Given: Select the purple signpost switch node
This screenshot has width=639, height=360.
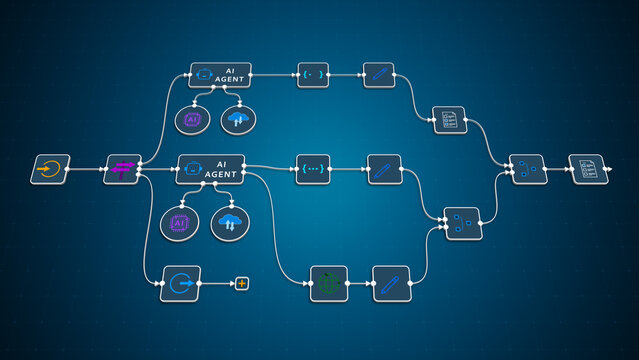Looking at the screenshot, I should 123,169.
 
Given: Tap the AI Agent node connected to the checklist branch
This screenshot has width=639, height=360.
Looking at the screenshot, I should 220,75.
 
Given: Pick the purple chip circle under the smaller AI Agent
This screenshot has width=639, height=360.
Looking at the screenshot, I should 192,119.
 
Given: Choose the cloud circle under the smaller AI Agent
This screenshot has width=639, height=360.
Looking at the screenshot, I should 238,119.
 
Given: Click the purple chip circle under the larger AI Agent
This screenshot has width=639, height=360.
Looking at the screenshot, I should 180,222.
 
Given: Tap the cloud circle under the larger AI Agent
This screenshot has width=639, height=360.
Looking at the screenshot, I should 230,222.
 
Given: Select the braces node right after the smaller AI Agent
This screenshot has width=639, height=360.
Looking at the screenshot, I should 313,75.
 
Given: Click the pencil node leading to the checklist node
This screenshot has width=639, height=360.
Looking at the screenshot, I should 378,75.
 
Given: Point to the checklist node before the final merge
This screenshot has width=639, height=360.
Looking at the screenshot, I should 449,121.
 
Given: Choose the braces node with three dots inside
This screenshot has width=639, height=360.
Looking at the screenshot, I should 313,169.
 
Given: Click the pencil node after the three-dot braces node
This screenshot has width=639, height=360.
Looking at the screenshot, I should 384,169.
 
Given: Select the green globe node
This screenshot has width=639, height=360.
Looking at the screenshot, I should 328,283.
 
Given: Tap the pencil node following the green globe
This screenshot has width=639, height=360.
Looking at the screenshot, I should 392,283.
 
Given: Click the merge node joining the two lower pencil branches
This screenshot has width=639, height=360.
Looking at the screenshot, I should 463,223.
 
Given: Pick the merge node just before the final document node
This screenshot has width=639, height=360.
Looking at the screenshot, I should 527,169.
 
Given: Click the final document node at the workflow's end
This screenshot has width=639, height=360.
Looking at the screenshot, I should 588,169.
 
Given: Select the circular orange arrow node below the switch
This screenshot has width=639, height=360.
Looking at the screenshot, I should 180,283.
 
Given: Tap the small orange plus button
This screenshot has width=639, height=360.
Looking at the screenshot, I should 241,284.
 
